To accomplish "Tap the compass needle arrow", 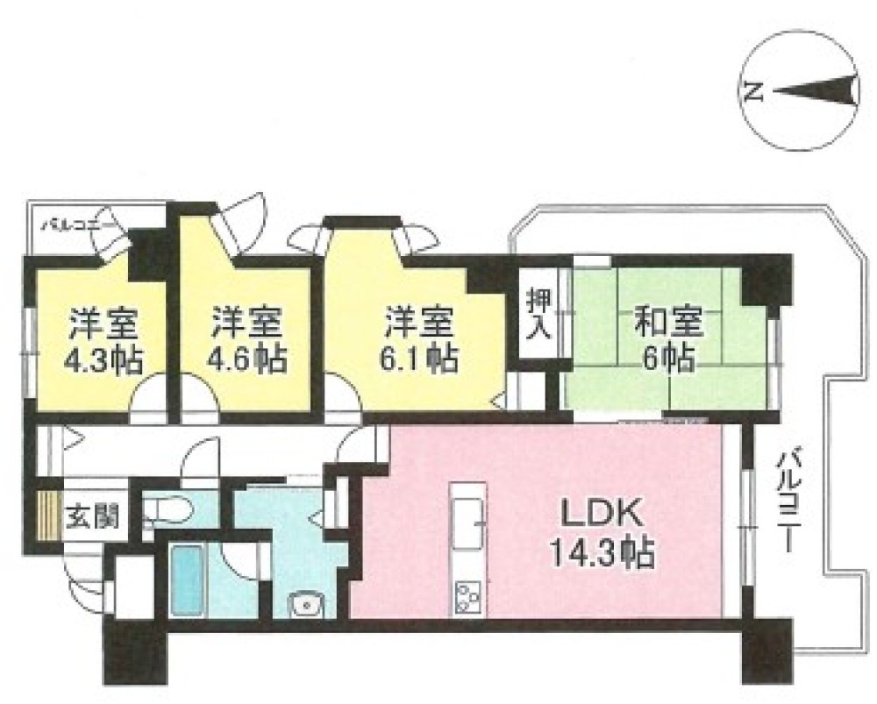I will coord(816,91).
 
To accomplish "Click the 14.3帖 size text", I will coord(602,551).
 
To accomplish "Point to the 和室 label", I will coord(668,322).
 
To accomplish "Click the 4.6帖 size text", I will coord(246,359).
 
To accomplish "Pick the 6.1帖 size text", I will coord(417,359).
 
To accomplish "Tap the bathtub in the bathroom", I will coord(186,581).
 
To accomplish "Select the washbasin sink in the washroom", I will coord(305,603).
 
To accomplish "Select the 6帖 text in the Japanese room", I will coord(668,359).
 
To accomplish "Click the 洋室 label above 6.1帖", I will coord(418,323).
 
